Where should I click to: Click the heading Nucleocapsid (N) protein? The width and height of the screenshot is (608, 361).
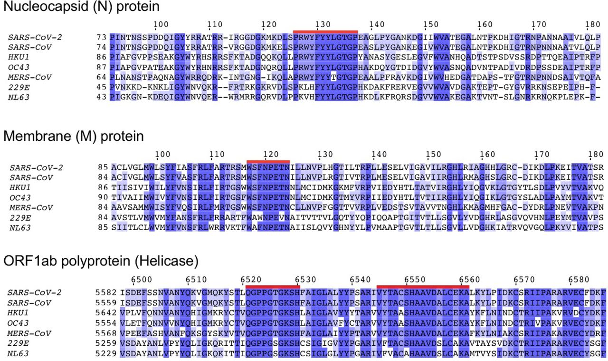click(x=81, y=7)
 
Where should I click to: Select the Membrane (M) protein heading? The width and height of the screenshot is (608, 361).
click(x=74, y=137)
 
